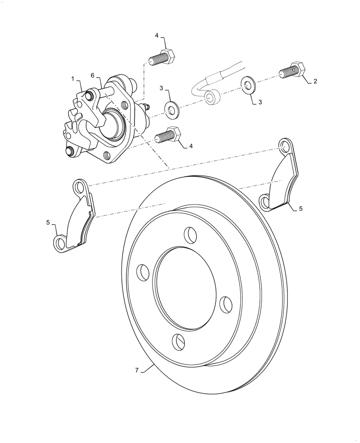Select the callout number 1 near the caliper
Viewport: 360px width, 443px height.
click(72, 78)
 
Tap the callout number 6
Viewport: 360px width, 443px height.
click(92, 76)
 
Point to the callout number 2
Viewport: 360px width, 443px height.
click(315, 81)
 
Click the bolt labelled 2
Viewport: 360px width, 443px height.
click(293, 70)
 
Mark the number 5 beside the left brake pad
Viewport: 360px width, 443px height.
click(48, 223)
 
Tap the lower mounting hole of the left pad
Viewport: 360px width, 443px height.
click(60, 242)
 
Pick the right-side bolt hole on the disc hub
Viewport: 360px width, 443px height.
click(226, 304)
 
